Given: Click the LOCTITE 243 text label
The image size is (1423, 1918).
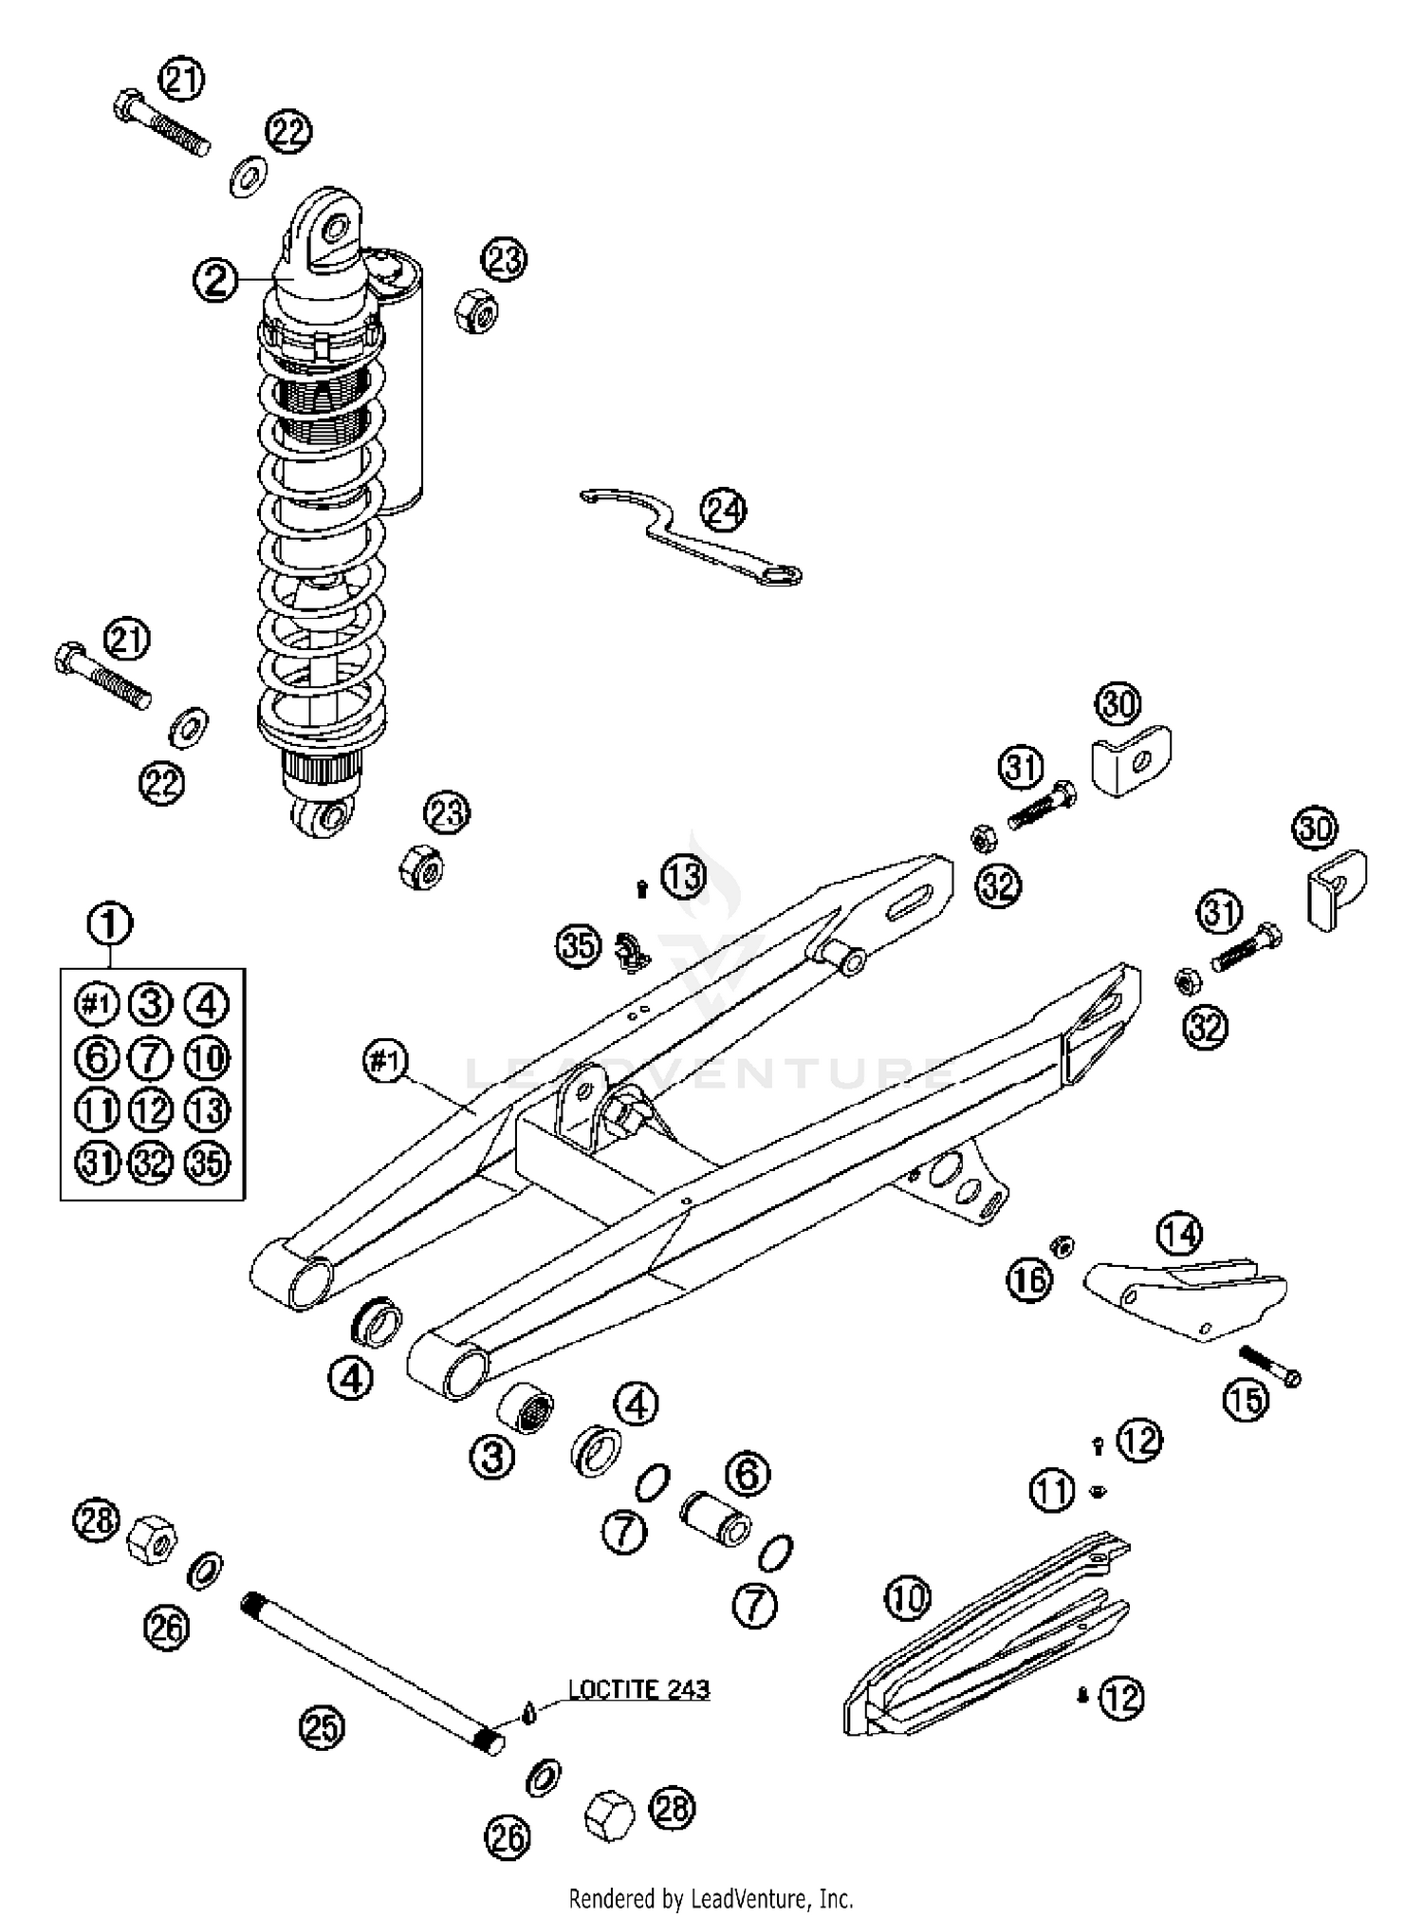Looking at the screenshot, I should point(638,1689).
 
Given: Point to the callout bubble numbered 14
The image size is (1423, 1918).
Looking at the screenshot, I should point(1179,1234).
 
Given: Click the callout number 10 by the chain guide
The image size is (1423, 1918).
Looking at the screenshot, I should point(908,1600).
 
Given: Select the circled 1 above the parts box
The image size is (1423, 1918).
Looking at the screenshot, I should point(110,922).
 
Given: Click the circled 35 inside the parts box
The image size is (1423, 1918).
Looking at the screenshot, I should point(206,1164).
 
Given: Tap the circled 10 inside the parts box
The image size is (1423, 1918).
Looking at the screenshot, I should point(206,1057).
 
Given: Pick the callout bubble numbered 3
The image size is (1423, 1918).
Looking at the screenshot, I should point(492,1457).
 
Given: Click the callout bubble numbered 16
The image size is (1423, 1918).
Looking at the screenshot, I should point(1029,1280).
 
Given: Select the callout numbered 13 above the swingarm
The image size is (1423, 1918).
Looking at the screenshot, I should point(684,878).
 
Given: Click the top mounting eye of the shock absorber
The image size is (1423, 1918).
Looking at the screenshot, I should point(334,228).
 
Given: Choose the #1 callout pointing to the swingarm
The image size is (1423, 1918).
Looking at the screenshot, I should point(386,1062).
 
